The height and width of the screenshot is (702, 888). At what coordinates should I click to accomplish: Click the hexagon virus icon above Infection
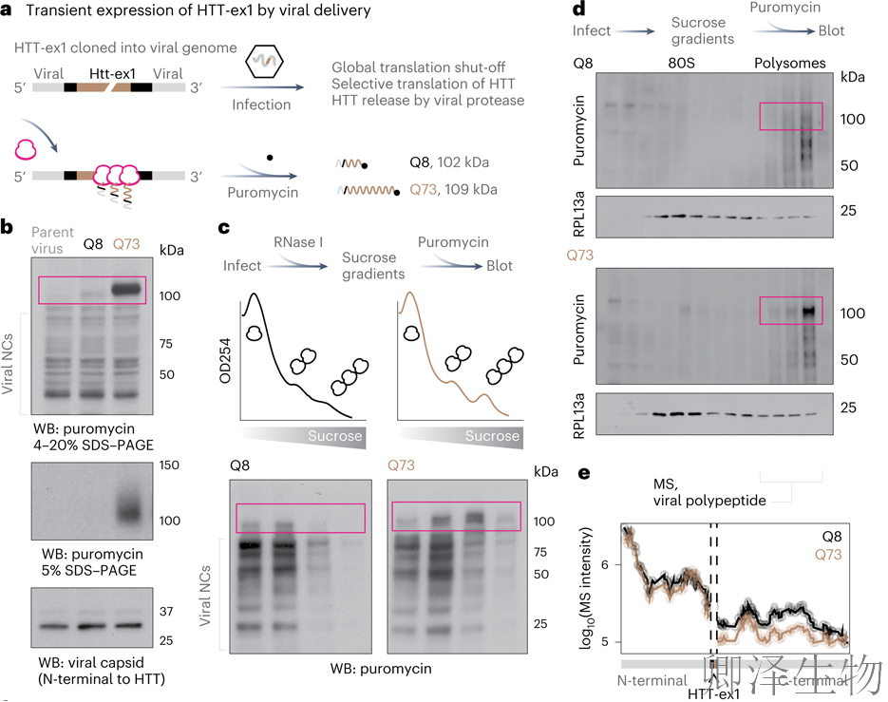(261, 65)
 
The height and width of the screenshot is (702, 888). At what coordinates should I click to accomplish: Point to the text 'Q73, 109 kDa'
(456, 191)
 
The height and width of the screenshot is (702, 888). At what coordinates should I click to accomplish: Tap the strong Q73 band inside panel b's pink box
(126, 287)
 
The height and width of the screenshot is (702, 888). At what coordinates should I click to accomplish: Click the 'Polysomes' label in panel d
(790, 64)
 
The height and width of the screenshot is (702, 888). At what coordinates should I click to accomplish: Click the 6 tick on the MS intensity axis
(605, 564)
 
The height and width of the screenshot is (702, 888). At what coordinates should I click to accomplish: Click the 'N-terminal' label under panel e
(652, 680)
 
